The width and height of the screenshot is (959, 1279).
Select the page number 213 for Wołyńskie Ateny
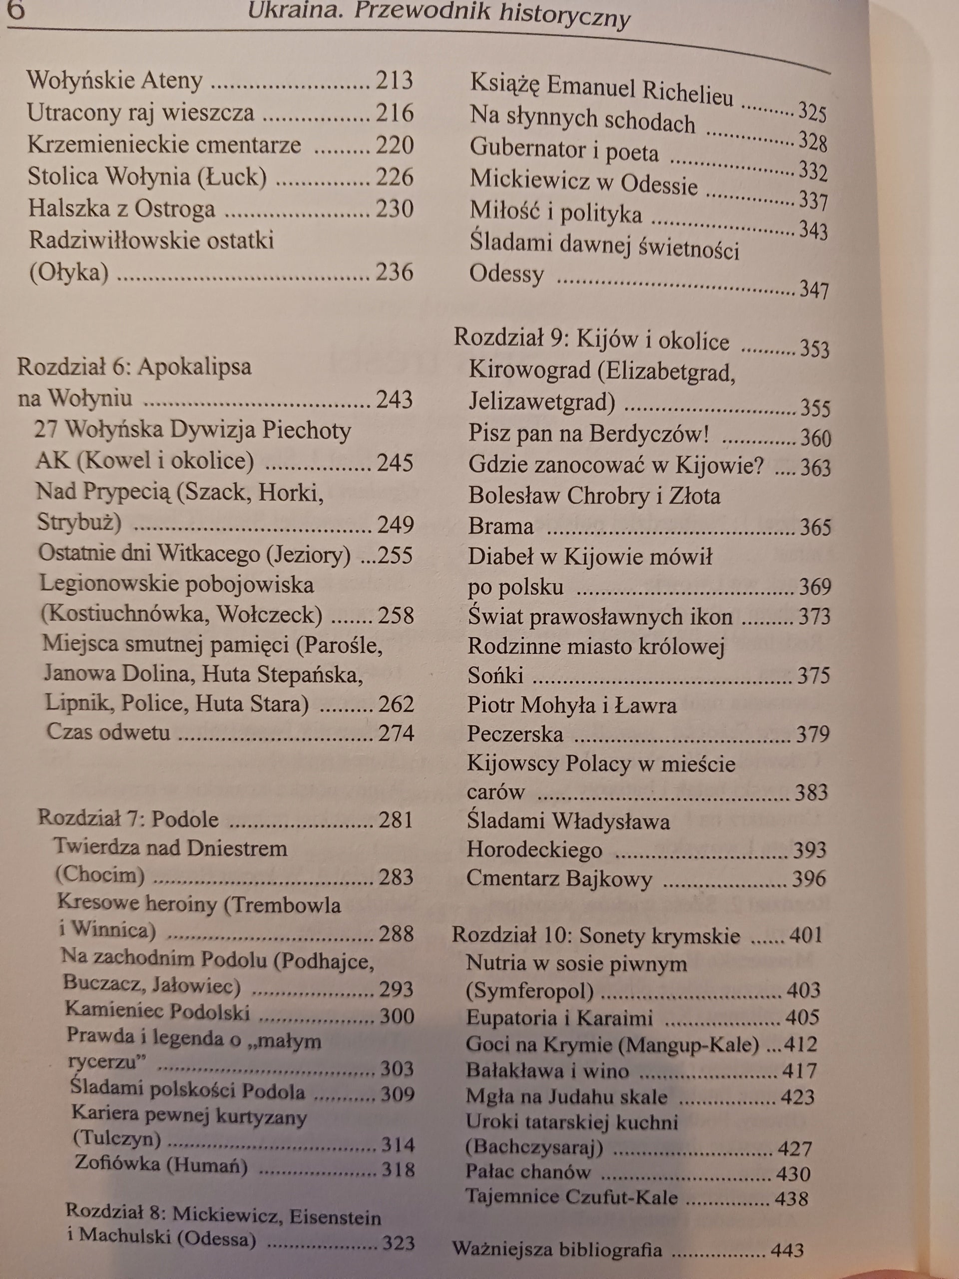pyautogui.click(x=394, y=80)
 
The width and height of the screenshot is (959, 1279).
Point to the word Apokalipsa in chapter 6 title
pyautogui.click(x=195, y=367)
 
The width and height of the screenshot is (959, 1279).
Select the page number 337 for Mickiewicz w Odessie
pyautogui.click(x=813, y=201)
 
